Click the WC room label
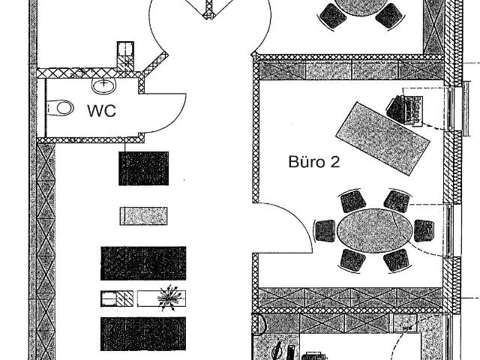102,111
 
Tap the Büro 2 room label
314,162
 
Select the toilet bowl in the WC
60,108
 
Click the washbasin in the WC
104,85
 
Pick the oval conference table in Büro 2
375,231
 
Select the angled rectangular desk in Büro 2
383,138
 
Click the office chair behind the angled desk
397,107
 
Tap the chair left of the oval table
325,231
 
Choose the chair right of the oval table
424,230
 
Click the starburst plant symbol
167,298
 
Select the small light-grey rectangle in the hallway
143,216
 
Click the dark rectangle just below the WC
143,168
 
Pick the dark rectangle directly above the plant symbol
143,263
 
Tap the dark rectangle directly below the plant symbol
143,334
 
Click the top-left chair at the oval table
353,202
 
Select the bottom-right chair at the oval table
396,260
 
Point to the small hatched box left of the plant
117,298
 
